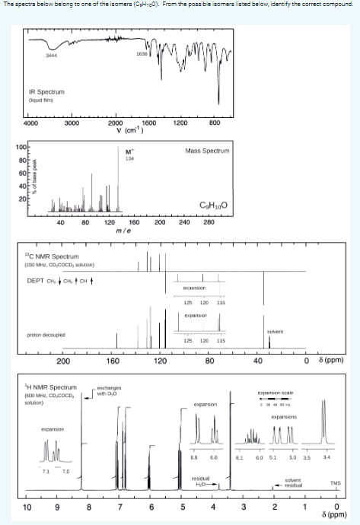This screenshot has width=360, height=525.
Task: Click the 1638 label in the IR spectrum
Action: coord(141,54)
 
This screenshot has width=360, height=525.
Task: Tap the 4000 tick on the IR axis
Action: coord(30,123)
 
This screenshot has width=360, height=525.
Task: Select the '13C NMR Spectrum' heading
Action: coord(51,257)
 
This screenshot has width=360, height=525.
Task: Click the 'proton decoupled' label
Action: coord(44,333)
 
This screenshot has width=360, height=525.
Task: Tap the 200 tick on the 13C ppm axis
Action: coord(65,360)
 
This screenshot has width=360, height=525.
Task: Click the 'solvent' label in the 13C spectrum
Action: coord(275,330)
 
